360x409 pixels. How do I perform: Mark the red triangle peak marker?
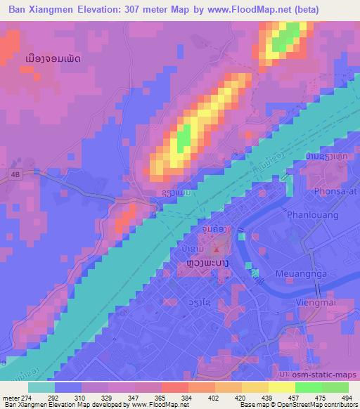(217, 249)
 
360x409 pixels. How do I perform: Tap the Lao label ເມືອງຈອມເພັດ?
(51, 59)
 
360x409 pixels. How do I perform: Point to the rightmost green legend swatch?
(335, 387)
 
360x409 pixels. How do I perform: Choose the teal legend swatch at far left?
(41, 387)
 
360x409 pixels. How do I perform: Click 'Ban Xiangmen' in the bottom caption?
(25, 405)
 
